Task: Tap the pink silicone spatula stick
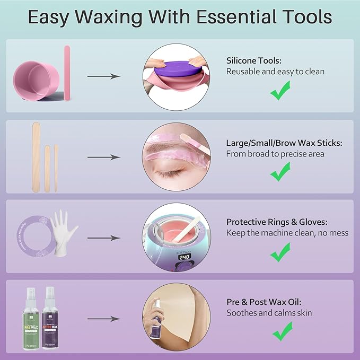click(x=67, y=72)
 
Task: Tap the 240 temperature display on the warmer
click(x=185, y=257)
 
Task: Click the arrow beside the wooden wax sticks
click(x=104, y=157)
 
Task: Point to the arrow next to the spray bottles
click(x=104, y=319)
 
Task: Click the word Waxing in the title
click(x=106, y=17)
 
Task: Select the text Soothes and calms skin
click(x=269, y=313)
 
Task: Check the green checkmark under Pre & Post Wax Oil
click(x=282, y=332)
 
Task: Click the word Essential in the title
click(x=235, y=17)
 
